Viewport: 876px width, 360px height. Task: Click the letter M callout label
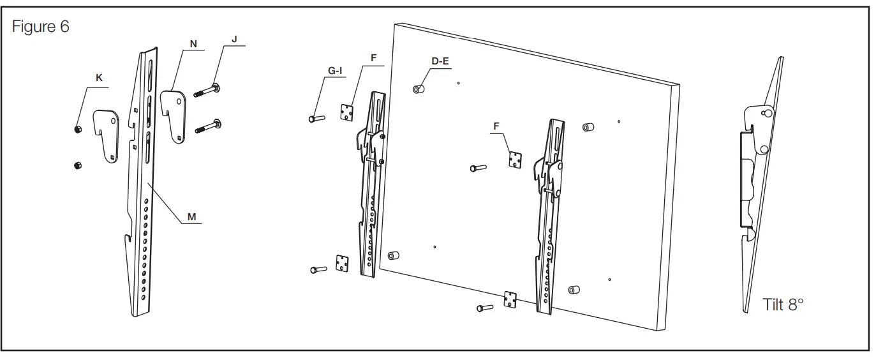tap(191, 217)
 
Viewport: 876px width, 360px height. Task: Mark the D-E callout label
tap(440, 61)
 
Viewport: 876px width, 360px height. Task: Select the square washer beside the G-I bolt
tap(346, 112)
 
